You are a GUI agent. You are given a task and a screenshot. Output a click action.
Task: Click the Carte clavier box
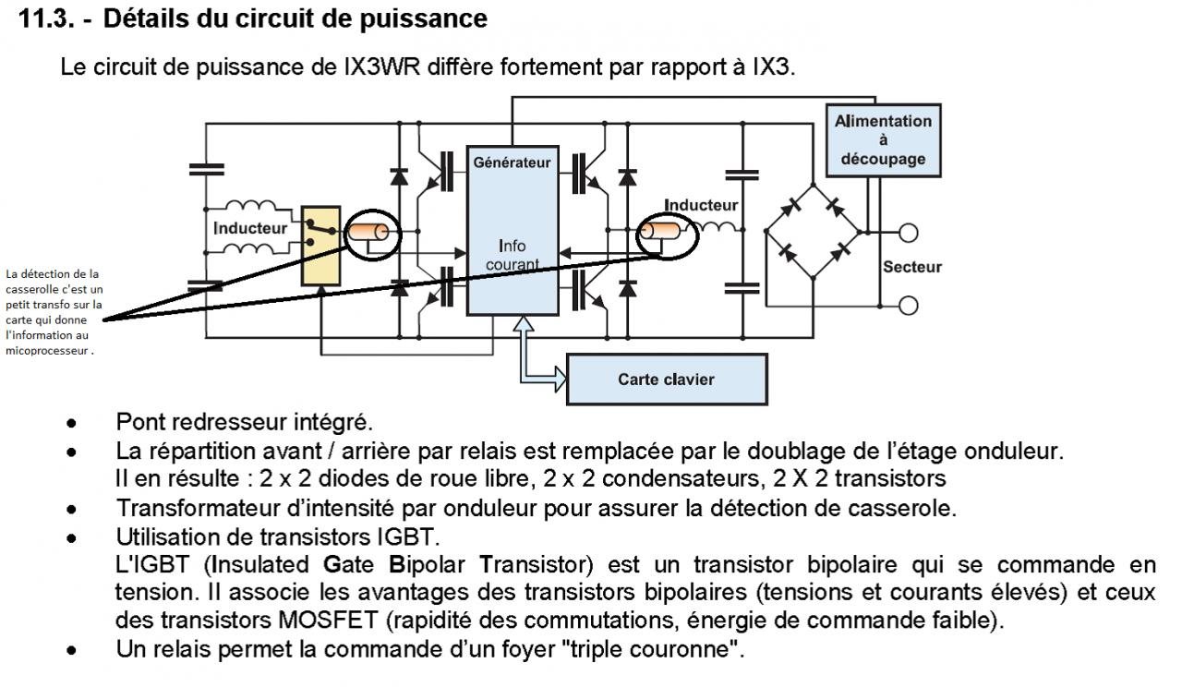666,379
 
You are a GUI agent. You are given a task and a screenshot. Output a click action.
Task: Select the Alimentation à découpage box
883,139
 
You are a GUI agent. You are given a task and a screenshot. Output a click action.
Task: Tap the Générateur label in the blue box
512,163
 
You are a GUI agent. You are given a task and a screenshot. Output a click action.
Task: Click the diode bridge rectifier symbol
813,229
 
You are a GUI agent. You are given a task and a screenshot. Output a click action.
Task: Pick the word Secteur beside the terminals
911,268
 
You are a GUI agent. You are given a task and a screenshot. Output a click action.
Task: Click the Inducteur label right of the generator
701,205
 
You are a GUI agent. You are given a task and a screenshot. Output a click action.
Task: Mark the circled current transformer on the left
371,235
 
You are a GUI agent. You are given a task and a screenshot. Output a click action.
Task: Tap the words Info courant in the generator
511,256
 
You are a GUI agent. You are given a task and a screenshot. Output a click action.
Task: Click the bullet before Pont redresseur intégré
70,425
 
